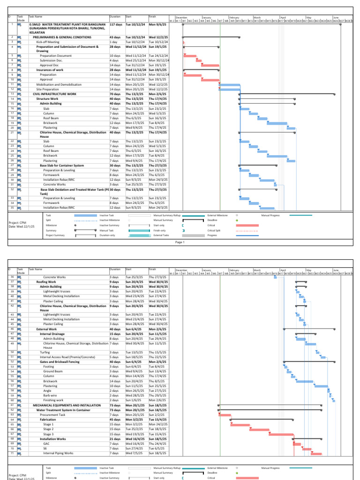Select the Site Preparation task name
point(48,89)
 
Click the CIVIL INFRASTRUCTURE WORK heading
point(54,94)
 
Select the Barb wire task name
point(50,396)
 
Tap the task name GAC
point(46,443)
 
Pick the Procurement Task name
point(52,415)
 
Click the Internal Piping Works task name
point(58,453)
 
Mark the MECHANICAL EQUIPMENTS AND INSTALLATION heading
point(67,405)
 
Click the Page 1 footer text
point(180,242)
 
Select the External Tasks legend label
point(161,235)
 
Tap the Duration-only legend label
point(107,235)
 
